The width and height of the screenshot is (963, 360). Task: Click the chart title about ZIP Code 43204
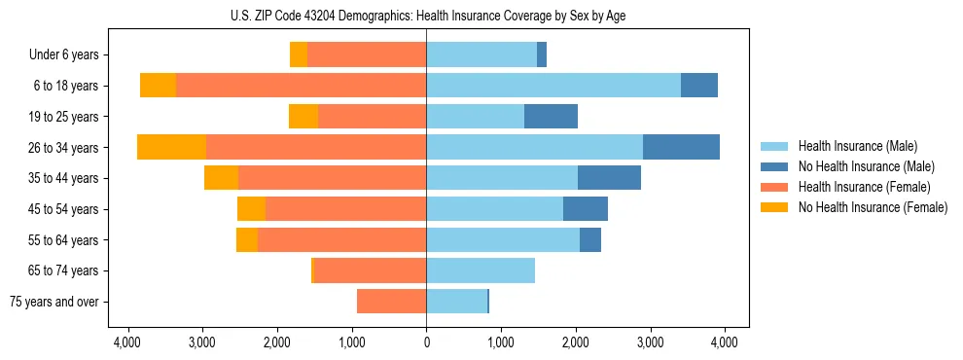pos(426,16)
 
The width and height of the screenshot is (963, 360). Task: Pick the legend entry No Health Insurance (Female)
pos(873,207)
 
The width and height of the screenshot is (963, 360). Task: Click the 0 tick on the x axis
pos(426,342)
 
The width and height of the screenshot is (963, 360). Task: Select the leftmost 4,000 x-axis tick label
pos(127,342)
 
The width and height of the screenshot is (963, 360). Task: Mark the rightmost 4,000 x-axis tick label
pos(724,342)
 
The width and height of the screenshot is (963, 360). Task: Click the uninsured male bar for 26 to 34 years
pos(681,147)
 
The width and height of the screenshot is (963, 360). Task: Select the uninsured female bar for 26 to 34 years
pos(171,147)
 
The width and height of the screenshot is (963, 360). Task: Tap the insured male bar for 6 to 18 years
pos(553,85)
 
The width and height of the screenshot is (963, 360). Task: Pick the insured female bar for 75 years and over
pos(391,302)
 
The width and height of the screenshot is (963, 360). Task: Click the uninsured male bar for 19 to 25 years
pos(551,116)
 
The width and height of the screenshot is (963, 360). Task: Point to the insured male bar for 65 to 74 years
pos(481,270)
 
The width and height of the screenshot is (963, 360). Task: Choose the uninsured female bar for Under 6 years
pos(299,54)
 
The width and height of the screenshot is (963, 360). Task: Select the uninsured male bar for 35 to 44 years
pos(609,178)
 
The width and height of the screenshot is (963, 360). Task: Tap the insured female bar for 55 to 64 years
pos(341,239)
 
